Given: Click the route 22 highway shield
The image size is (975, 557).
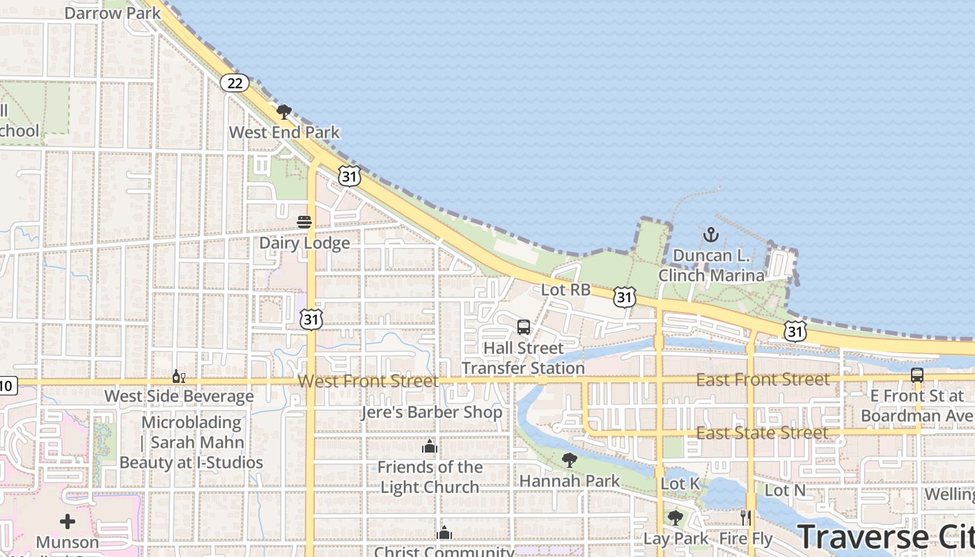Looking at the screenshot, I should click(x=235, y=84).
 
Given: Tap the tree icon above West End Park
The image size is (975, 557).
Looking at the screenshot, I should click(x=283, y=111).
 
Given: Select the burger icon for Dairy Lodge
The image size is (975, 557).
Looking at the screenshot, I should click(x=304, y=222).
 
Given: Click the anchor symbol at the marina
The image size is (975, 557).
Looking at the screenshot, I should click(x=710, y=234).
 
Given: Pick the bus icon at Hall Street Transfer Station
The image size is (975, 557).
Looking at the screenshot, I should click(x=524, y=327).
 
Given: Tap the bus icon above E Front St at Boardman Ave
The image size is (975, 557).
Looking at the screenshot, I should click(x=917, y=375).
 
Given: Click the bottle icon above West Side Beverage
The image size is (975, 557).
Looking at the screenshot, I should click(x=179, y=376).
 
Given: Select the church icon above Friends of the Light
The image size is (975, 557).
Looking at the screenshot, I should click(x=430, y=446).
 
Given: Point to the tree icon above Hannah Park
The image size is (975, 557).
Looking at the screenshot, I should click(x=570, y=460).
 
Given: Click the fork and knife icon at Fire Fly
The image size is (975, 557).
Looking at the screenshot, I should click(x=746, y=517).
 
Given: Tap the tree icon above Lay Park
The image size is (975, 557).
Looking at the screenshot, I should click(x=675, y=517).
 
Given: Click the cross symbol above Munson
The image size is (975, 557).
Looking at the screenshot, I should click(x=68, y=521).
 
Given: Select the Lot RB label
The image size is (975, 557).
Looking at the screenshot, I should click(x=565, y=290).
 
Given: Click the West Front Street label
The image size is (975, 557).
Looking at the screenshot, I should click(x=368, y=381).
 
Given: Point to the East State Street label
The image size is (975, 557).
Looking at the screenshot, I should click(x=763, y=433).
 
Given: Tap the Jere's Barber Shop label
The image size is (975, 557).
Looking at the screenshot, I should click(x=432, y=412).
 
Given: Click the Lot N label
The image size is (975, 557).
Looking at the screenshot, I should click(x=785, y=490).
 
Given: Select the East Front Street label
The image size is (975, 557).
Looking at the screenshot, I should click(x=763, y=379).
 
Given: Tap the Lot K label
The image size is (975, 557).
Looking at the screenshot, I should click(x=680, y=483).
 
